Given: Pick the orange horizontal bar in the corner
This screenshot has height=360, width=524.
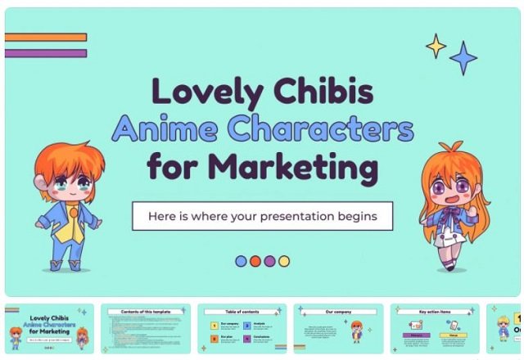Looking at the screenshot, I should point(46,37).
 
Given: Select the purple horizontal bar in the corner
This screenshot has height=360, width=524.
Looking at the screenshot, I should point(46,54).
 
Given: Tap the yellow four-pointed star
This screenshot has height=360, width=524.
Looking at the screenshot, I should point(436,46).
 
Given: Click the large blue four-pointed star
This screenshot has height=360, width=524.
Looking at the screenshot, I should point(463,58).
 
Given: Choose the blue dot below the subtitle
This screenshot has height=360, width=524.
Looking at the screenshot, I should point(241,261).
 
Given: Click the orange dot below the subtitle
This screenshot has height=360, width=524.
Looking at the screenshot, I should point(255,261).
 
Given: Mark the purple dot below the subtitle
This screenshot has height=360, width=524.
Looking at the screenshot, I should point(269,261).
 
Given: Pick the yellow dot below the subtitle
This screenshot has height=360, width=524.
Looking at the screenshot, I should point(283,261).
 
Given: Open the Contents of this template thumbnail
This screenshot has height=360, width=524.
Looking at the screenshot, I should point(146,329).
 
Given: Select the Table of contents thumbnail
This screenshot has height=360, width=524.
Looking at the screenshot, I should point(242,329).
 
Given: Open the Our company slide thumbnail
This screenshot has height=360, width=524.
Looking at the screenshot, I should point(338,329).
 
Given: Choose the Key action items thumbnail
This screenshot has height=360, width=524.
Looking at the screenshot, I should point(435,329).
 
